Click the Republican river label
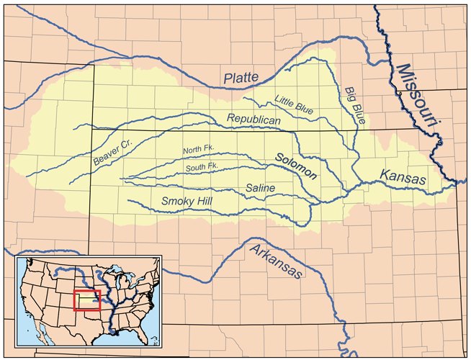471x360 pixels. tap(254, 119)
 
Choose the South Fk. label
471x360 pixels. tap(202, 166)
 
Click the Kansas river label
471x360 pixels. tap(401, 177)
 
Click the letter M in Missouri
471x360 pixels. tap(403, 71)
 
